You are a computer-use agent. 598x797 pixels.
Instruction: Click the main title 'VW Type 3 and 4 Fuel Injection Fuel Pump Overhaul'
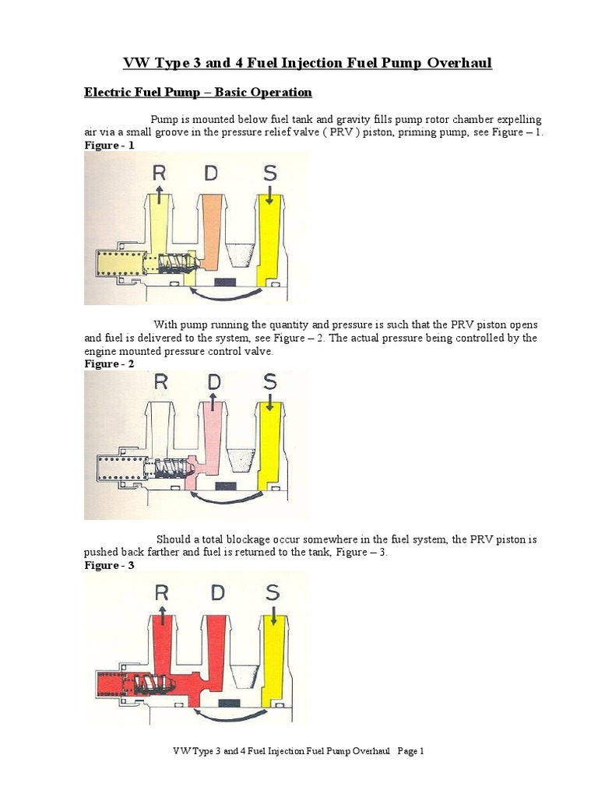coord(298,63)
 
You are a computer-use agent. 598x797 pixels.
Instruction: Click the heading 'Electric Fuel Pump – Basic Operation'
coord(198,93)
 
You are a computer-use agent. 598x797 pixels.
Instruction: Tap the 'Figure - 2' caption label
coord(109,363)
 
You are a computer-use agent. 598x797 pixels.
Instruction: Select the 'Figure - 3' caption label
coord(109,565)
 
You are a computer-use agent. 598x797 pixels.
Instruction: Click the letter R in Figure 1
coord(159,172)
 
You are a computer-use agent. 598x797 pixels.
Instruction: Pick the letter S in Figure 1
coord(269,172)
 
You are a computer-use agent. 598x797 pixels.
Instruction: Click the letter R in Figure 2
coord(160,381)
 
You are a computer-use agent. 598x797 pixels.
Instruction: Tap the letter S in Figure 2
coord(270,381)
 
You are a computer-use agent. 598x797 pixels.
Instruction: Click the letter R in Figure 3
coord(162,592)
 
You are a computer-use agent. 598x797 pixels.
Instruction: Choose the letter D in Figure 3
coord(216,592)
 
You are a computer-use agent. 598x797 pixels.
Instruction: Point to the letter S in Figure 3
coord(273,592)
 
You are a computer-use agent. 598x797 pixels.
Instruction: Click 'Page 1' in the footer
coord(410,751)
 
